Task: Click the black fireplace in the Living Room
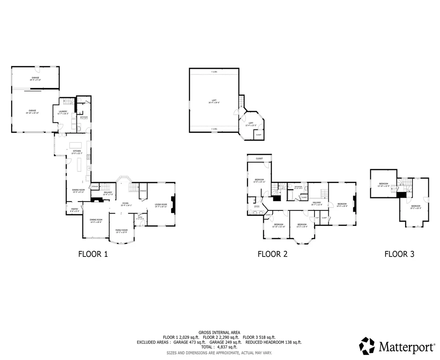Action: tap(173, 204)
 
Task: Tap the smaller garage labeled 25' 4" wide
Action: tap(35, 79)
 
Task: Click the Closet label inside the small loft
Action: tap(258, 135)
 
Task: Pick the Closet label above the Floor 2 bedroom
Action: tap(259, 159)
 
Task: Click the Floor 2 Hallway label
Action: tap(317, 204)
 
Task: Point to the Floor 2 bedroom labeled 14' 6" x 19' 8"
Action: tap(342, 205)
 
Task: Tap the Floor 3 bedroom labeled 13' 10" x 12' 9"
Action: tap(383, 185)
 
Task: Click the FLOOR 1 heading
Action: tap(93, 254)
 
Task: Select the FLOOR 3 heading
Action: tap(399, 254)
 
